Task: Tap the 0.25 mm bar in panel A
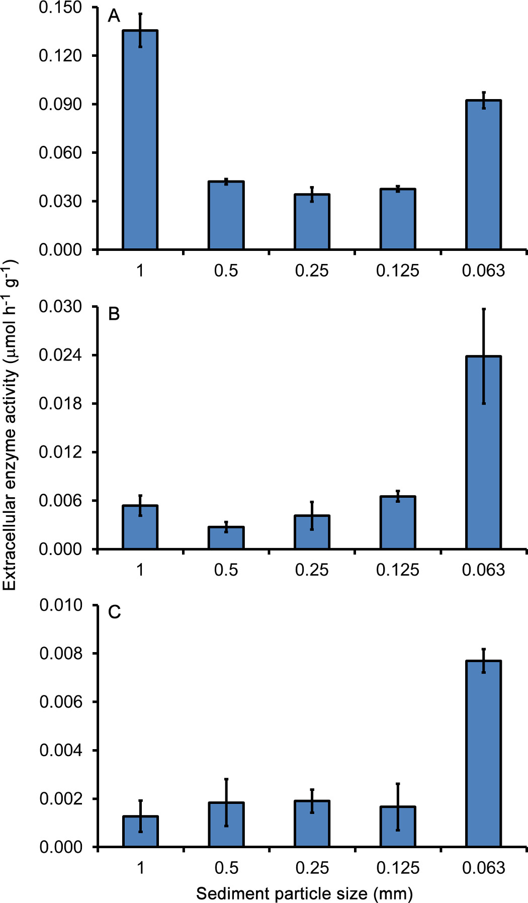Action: coord(312,222)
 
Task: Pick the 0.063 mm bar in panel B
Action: coord(483,453)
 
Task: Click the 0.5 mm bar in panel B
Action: coord(226,538)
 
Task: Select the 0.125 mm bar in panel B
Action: coord(398,523)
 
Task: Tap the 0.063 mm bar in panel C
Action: coord(483,754)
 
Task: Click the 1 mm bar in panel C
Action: coord(140,832)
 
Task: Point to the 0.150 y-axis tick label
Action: coord(60,8)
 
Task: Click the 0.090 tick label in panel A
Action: coord(60,104)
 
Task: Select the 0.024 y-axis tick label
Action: coord(60,355)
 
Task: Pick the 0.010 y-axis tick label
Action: coord(60,605)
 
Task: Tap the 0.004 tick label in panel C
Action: coord(60,750)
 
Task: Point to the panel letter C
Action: coord(114,612)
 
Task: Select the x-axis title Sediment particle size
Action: coord(304,893)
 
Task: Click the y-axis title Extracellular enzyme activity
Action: coord(10,425)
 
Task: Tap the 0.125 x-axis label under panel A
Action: coord(397,270)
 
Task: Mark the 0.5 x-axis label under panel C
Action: coord(226,868)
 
